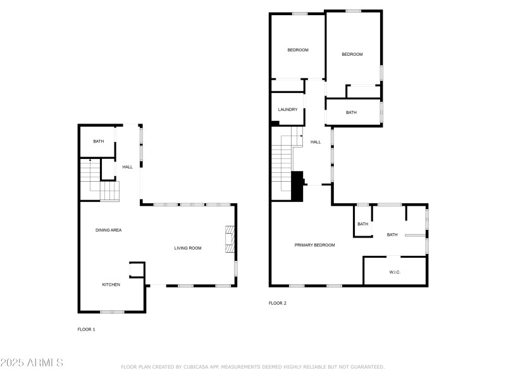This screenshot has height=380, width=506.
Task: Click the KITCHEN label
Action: coord(111,284)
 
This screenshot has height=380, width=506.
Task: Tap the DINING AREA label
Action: coord(108,230)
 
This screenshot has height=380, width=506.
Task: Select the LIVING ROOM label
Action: coord(188,248)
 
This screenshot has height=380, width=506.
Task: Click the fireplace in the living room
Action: coord(230,239)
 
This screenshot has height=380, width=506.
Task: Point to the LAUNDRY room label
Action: coord(288,110)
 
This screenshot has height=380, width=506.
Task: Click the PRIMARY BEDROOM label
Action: coord(314,245)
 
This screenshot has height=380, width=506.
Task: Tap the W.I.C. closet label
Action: coord(395,272)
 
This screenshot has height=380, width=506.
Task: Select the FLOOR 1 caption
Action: coord(86,329)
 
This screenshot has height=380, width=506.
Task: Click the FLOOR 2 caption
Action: coord(278,303)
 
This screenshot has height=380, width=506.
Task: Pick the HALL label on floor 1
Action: coord(128,167)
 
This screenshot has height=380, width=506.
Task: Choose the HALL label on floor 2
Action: coord(316,142)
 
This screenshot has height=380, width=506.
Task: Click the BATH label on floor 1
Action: coord(99,141)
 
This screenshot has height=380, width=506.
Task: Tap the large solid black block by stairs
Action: coord(297,186)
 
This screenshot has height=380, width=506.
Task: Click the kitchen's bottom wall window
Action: coord(113,312)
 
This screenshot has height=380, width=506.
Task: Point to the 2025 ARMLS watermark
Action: coord(32,362)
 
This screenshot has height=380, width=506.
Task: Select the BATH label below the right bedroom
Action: coord(351,113)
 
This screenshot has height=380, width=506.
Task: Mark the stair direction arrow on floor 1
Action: coord(90,160)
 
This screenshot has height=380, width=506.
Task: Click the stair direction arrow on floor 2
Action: coord(301,136)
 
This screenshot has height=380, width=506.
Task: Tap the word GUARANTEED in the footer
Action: coord(367,367)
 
